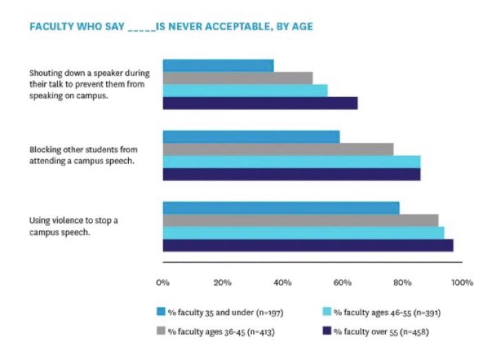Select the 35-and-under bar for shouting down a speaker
(218, 66)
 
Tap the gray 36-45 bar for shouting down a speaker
(237, 78)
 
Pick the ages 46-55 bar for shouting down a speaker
(245, 90)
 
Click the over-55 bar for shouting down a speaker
(260, 103)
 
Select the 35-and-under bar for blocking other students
(251, 137)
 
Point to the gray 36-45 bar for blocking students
(278, 149)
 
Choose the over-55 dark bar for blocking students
(291, 174)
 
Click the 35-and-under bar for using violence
(280, 208)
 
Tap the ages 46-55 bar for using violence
(303, 233)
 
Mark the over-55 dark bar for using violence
(307, 246)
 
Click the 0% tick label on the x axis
(163, 282)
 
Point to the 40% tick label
(283, 282)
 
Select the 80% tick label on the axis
(402, 282)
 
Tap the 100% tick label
(461, 282)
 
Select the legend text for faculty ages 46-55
(387, 312)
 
